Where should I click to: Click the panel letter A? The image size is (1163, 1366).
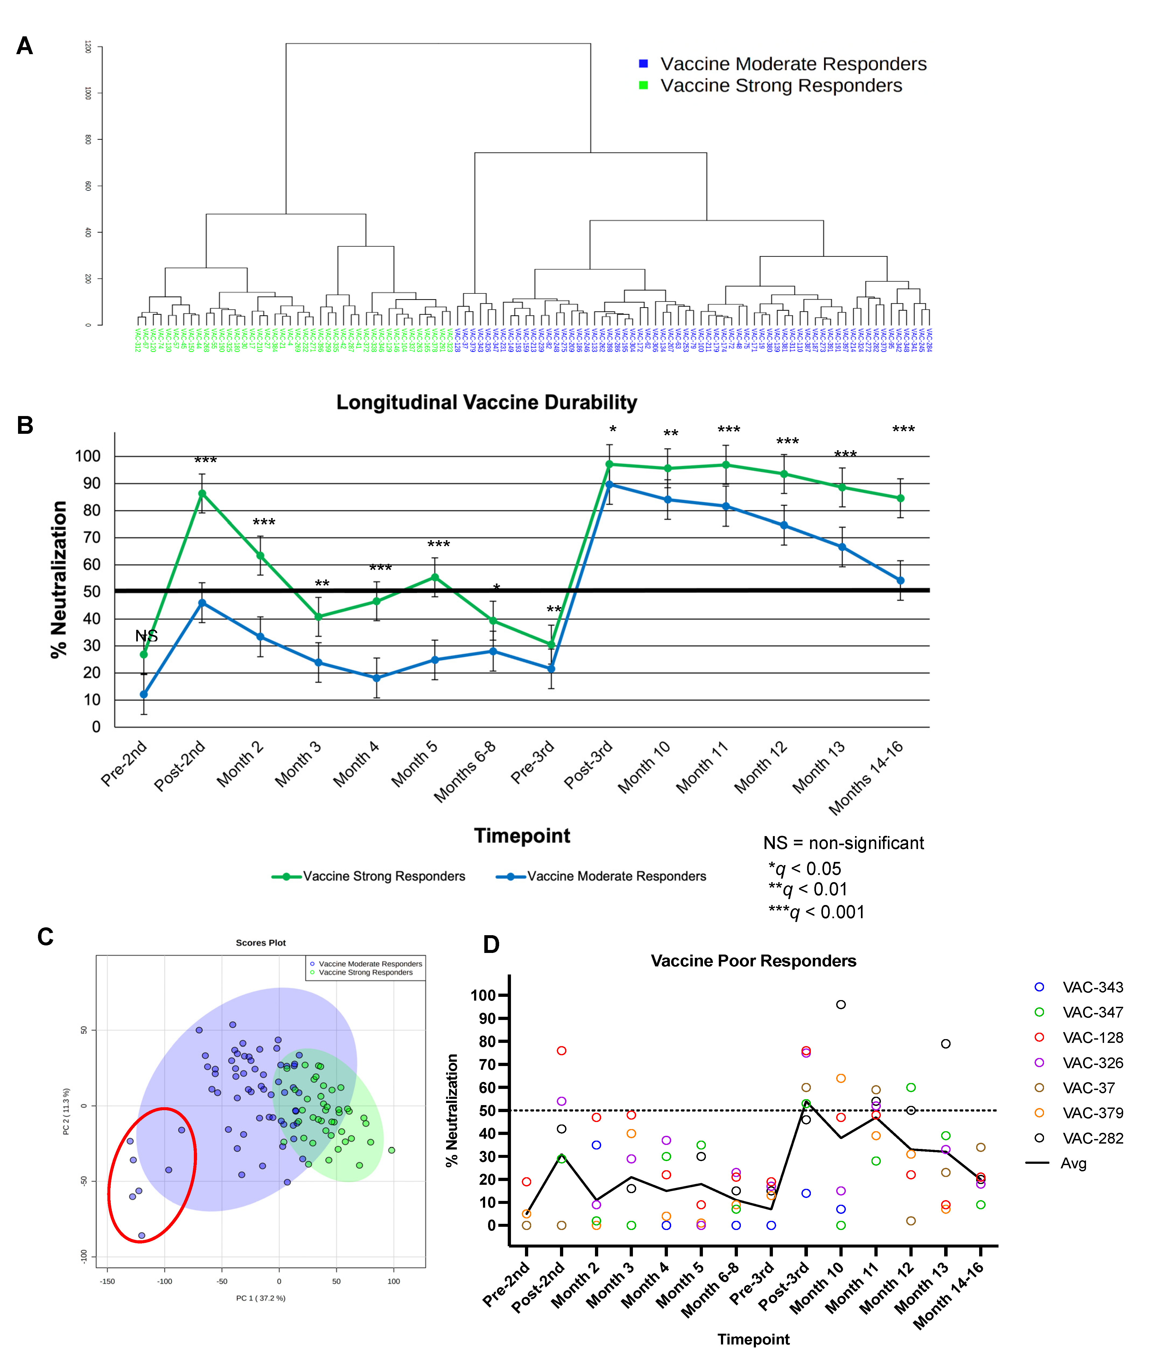[x=24, y=46]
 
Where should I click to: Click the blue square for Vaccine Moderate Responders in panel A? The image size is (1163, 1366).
[x=643, y=63]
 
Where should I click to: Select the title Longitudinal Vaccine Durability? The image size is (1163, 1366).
[x=486, y=402]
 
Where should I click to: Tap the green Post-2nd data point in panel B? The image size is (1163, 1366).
[x=202, y=493]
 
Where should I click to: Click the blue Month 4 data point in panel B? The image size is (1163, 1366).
[x=376, y=678]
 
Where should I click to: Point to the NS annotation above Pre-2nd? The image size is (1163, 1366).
[x=146, y=635]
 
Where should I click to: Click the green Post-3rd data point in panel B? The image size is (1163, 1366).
[x=609, y=464]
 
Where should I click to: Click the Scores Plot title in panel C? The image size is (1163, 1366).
[x=260, y=943]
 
